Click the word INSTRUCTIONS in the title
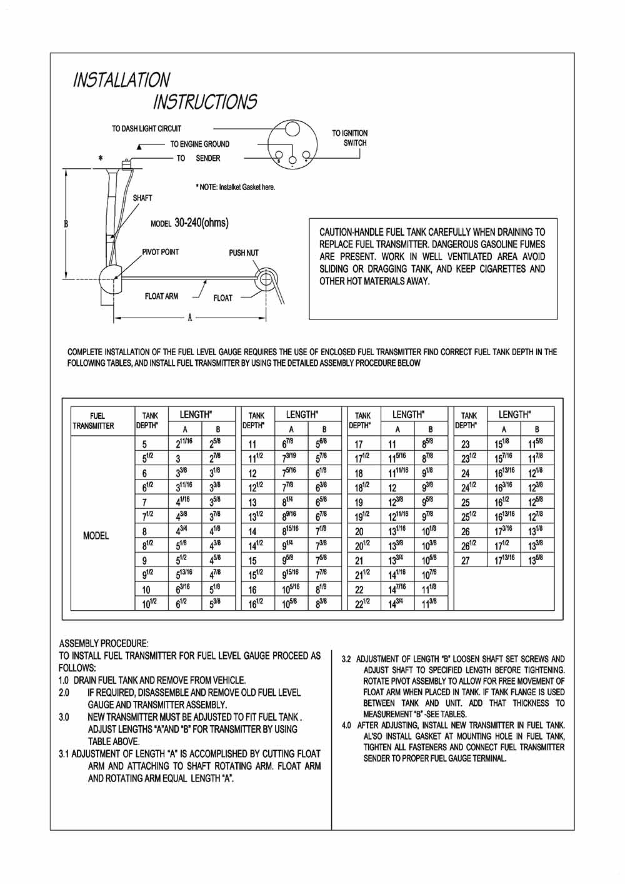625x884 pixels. (x=205, y=102)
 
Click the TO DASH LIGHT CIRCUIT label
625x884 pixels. (x=146, y=129)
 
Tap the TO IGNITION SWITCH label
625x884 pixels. (x=350, y=138)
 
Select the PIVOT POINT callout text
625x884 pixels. (x=160, y=252)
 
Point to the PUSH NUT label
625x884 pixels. (x=243, y=253)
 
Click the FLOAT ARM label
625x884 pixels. (x=161, y=296)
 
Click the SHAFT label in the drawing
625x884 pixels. (x=142, y=198)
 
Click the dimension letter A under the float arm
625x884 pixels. (x=190, y=318)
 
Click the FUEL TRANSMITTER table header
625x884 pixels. (x=93, y=421)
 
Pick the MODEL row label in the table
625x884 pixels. (x=96, y=536)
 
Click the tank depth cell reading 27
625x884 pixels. (x=465, y=561)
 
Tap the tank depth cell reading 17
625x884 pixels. (x=359, y=445)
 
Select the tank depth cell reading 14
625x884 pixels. (x=252, y=532)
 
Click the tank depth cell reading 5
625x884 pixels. (x=144, y=445)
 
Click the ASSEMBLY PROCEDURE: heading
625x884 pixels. (x=104, y=643)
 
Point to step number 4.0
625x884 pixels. (x=346, y=725)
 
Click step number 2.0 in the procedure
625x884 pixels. (x=64, y=693)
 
